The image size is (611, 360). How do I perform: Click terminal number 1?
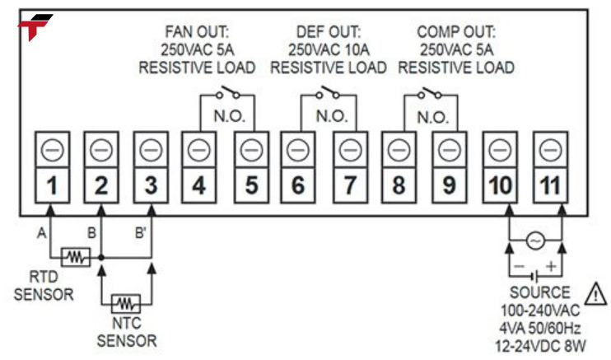(51, 186)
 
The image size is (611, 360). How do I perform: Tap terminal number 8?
(399, 186)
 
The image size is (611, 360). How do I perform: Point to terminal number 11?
(549, 186)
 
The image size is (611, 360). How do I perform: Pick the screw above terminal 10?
(499, 151)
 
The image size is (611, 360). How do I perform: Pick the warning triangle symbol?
(593, 292)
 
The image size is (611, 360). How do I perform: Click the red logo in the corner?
(34, 27)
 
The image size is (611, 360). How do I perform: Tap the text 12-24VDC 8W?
(539, 339)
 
